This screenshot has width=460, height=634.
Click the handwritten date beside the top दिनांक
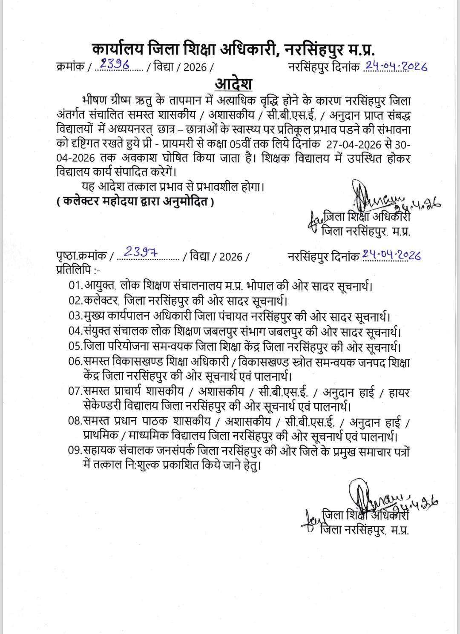395,66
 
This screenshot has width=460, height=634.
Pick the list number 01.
75,285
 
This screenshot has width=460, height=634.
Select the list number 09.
75,451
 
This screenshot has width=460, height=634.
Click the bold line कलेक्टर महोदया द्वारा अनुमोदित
135,202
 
